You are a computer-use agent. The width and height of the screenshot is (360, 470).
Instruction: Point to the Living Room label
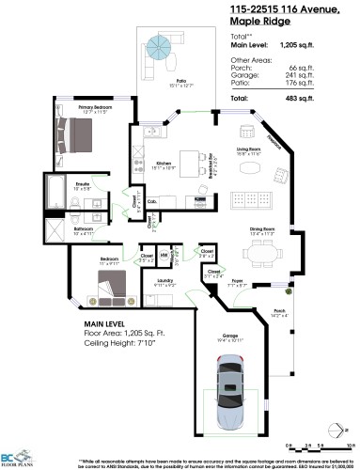tap(247, 149)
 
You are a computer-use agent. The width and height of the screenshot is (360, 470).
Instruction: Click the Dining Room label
tap(262, 227)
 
